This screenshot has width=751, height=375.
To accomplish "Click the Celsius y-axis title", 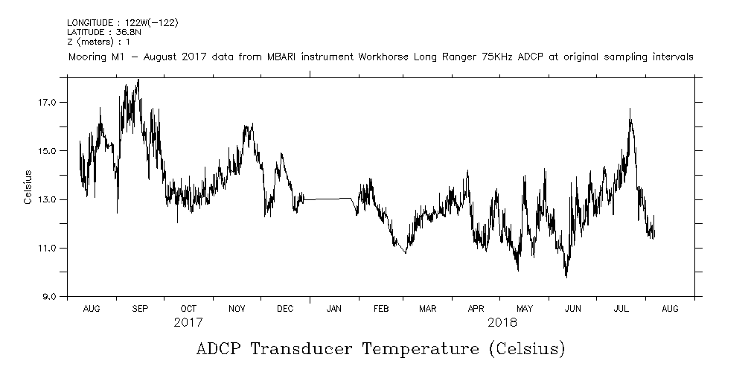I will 28,187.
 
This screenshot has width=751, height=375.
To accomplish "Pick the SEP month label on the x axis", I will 140,308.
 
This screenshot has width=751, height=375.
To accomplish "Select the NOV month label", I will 237,308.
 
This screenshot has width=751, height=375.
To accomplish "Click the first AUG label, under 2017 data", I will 92,308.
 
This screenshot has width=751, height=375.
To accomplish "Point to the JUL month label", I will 621,308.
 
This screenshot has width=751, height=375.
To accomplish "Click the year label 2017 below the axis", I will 188,323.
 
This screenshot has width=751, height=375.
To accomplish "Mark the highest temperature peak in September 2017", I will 138,80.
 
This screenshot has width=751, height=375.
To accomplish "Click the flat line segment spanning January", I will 327,199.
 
